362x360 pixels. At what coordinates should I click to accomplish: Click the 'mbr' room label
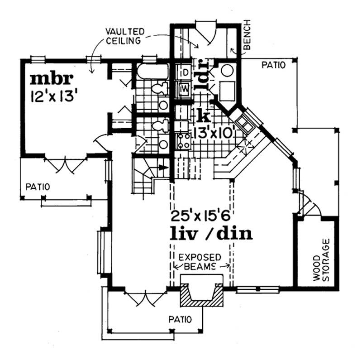point(51,79)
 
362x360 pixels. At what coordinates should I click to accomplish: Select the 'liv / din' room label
point(210,234)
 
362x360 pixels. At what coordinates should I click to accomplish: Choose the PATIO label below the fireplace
point(181,319)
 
